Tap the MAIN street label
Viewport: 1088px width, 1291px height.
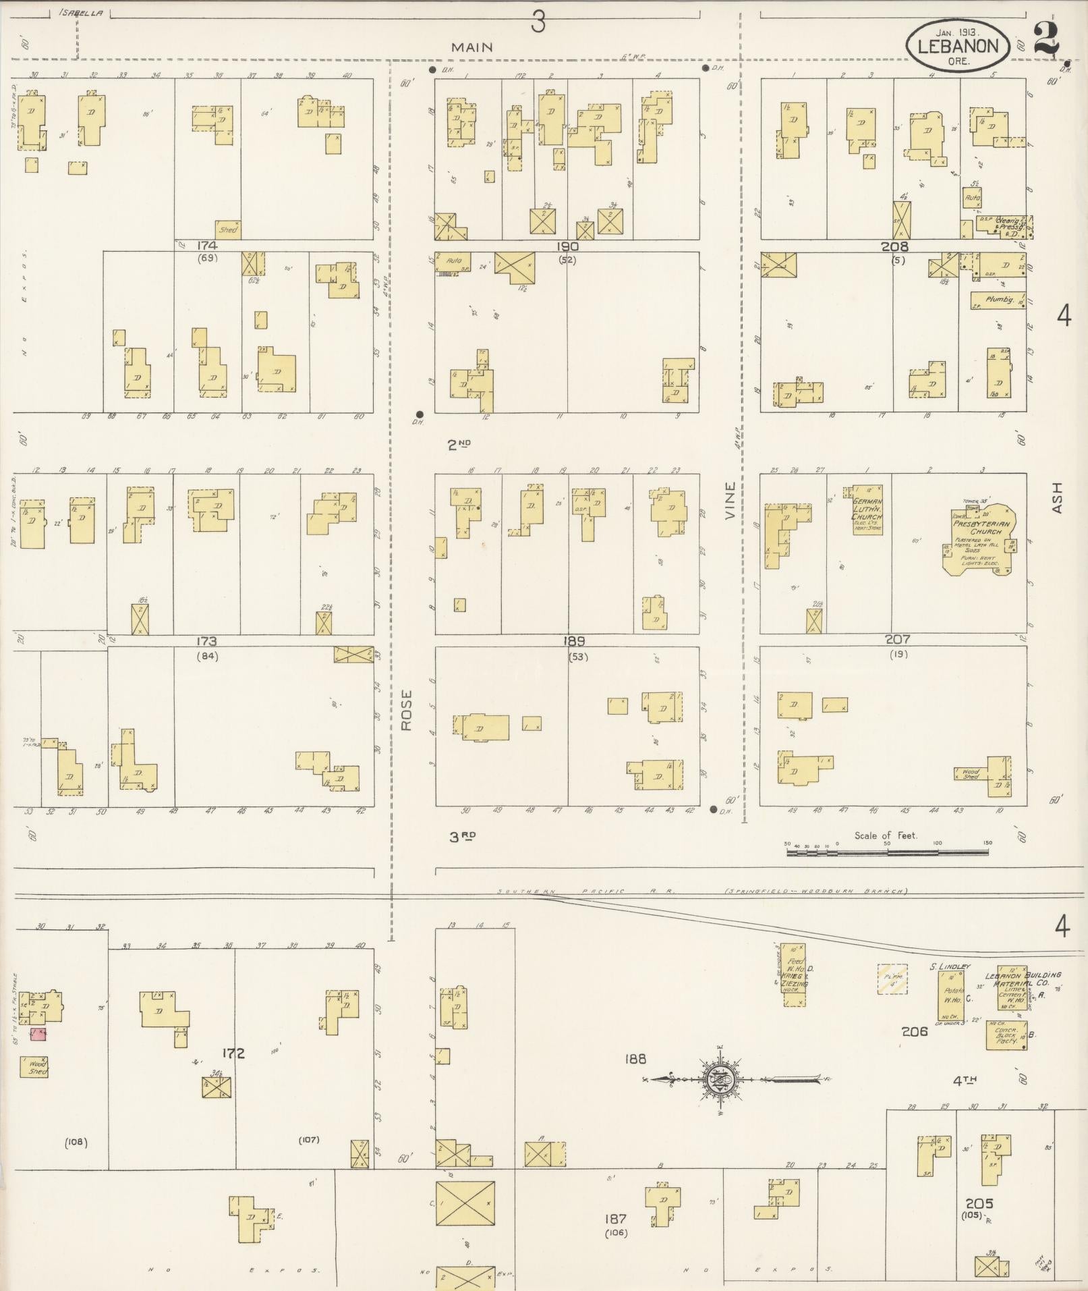click(472, 47)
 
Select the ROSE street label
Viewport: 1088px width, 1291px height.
click(405, 710)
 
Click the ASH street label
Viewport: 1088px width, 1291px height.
click(1056, 497)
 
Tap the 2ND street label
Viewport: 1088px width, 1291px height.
click(459, 444)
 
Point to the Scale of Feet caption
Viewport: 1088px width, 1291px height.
click(886, 835)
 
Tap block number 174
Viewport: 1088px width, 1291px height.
click(207, 245)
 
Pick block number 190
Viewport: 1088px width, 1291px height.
click(567, 246)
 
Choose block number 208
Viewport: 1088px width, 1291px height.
click(895, 247)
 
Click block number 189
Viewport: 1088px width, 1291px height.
click(575, 641)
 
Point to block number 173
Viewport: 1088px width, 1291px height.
click(206, 641)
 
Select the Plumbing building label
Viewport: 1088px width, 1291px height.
click(999, 299)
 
